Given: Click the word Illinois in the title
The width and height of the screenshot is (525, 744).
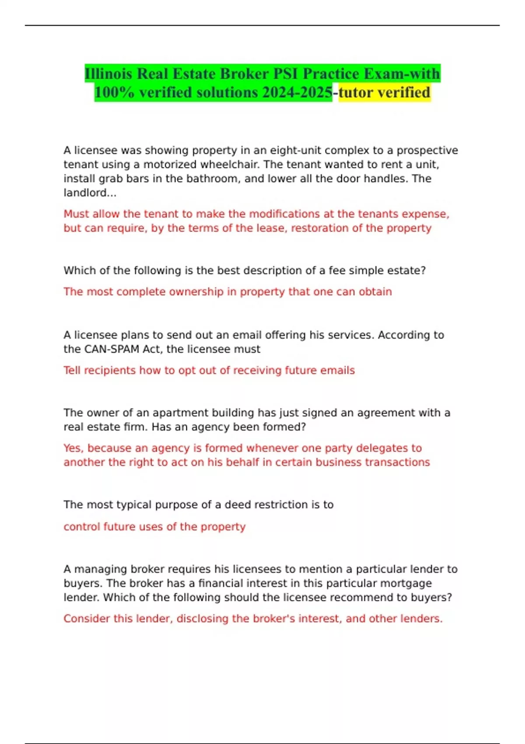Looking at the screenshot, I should tap(109, 74).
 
